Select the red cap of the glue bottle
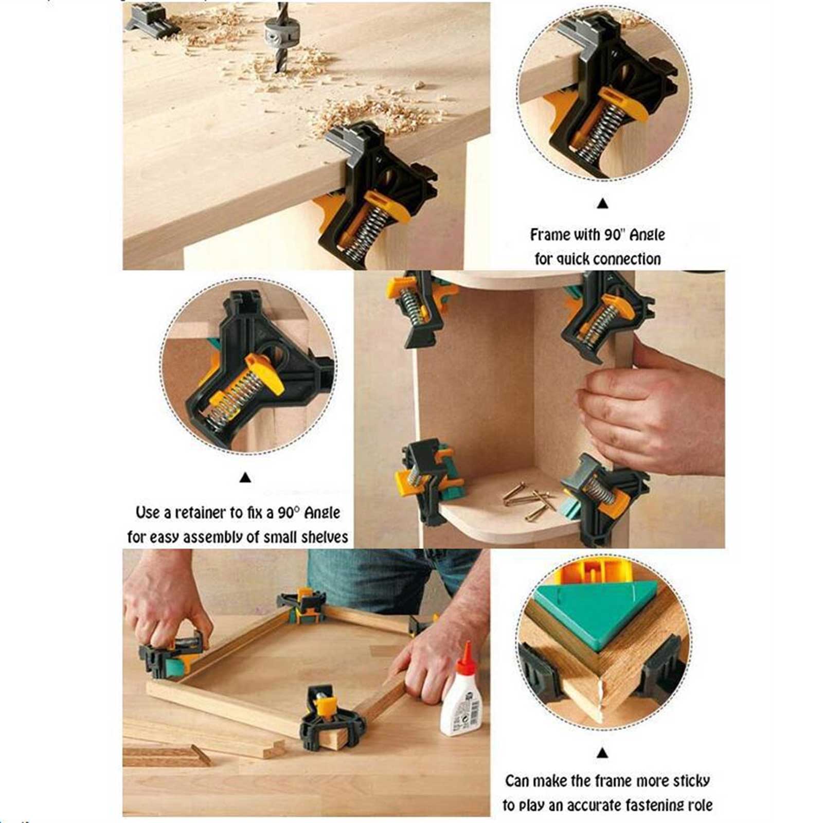pyautogui.click(x=467, y=656)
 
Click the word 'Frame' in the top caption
pyautogui.click(x=550, y=235)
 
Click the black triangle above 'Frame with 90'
pyautogui.click(x=603, y=204)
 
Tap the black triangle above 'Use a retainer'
pyautogui.click(x=245, y=478)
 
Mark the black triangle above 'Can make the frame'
pyautogui.click(x=603, y=753)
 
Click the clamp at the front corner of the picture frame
pyautogui.click(x=329, y=715)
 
